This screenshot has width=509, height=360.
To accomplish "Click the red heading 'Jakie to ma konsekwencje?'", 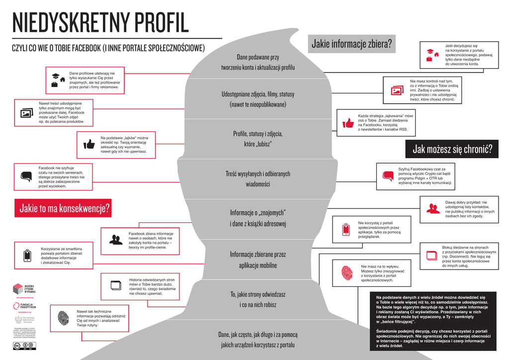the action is tap(64, 208).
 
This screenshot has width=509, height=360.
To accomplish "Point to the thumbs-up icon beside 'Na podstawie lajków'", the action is tap(89, 144).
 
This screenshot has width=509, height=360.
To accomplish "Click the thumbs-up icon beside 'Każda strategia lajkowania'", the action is tap(348, 123).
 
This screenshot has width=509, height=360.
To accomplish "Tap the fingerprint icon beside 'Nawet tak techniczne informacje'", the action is tap(63, 318).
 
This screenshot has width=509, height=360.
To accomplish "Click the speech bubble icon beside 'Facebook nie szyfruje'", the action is tap(26, 177).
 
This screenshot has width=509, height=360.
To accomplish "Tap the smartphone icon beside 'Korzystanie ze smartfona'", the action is tap(28, 256).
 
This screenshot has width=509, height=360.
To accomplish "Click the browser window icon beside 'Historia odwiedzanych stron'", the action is tap(115, 285).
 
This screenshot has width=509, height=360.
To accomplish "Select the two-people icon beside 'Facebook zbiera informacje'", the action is tap(116, 240).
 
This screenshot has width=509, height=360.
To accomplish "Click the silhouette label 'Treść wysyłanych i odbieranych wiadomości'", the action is tap(257, 179).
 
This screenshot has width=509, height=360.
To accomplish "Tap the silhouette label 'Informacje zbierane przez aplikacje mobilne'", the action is tap(257, 260).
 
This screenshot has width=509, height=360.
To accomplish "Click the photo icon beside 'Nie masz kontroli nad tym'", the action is tap(397, 90).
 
